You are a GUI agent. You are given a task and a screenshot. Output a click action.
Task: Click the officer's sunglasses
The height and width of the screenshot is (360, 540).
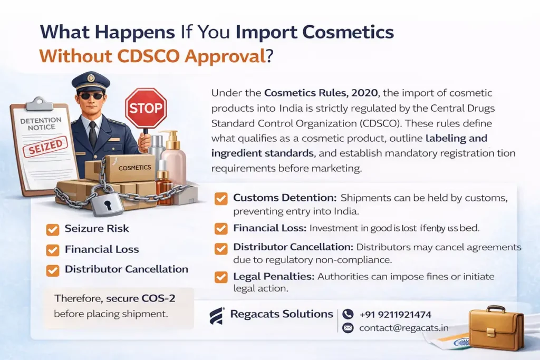[91, 96]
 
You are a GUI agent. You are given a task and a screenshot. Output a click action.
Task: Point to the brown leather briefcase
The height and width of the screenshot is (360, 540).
[495, 327]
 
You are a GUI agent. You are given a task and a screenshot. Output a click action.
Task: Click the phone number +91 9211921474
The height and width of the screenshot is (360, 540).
[395, 314]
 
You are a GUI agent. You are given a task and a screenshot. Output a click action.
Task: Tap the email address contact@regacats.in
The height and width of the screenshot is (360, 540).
[403, 328]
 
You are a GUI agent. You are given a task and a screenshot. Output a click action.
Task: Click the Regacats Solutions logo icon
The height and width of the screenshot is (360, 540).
[217, 316]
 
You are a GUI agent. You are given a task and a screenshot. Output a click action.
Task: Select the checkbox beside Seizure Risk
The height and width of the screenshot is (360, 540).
[53, 229]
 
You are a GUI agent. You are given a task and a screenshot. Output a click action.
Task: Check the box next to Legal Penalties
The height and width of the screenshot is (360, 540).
[221, 277]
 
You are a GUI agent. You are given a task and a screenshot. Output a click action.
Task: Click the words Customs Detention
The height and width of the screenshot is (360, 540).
[284, 198]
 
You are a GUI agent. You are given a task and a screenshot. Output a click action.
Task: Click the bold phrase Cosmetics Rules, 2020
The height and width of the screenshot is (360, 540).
[321, 93]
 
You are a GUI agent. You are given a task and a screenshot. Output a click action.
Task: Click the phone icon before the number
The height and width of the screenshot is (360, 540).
[348, 314]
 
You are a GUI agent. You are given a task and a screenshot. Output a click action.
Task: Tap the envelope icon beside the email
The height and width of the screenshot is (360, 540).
[348, 328]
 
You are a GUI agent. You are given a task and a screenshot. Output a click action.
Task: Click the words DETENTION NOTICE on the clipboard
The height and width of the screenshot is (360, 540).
[41, 124]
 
